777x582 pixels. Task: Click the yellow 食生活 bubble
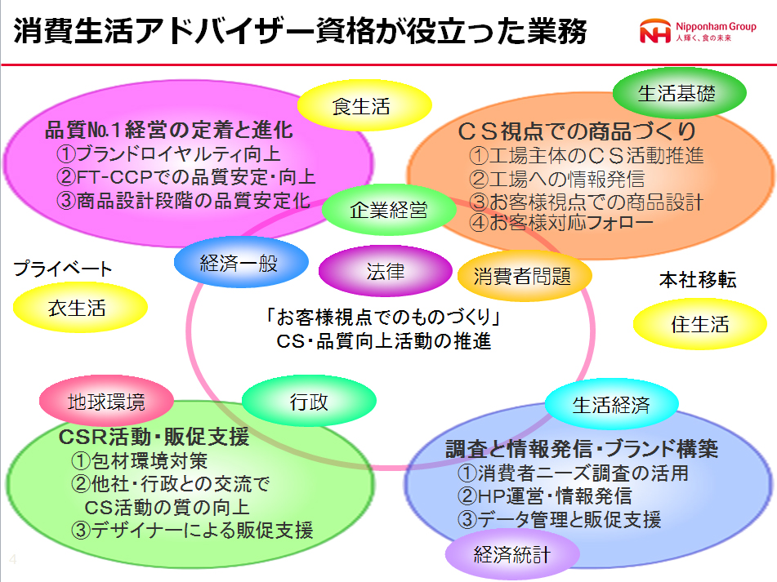363,105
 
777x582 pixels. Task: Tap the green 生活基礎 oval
679,93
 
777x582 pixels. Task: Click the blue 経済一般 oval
239,263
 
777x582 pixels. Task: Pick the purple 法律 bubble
385,271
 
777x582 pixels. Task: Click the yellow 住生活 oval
699,323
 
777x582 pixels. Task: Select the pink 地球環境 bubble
106,401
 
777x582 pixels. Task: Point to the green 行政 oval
310,402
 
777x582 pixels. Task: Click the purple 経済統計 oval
512,556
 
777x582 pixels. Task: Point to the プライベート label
63,269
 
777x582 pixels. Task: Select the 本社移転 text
698,280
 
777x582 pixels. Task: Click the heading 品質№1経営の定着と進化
168,131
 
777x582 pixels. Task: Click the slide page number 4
12,560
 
